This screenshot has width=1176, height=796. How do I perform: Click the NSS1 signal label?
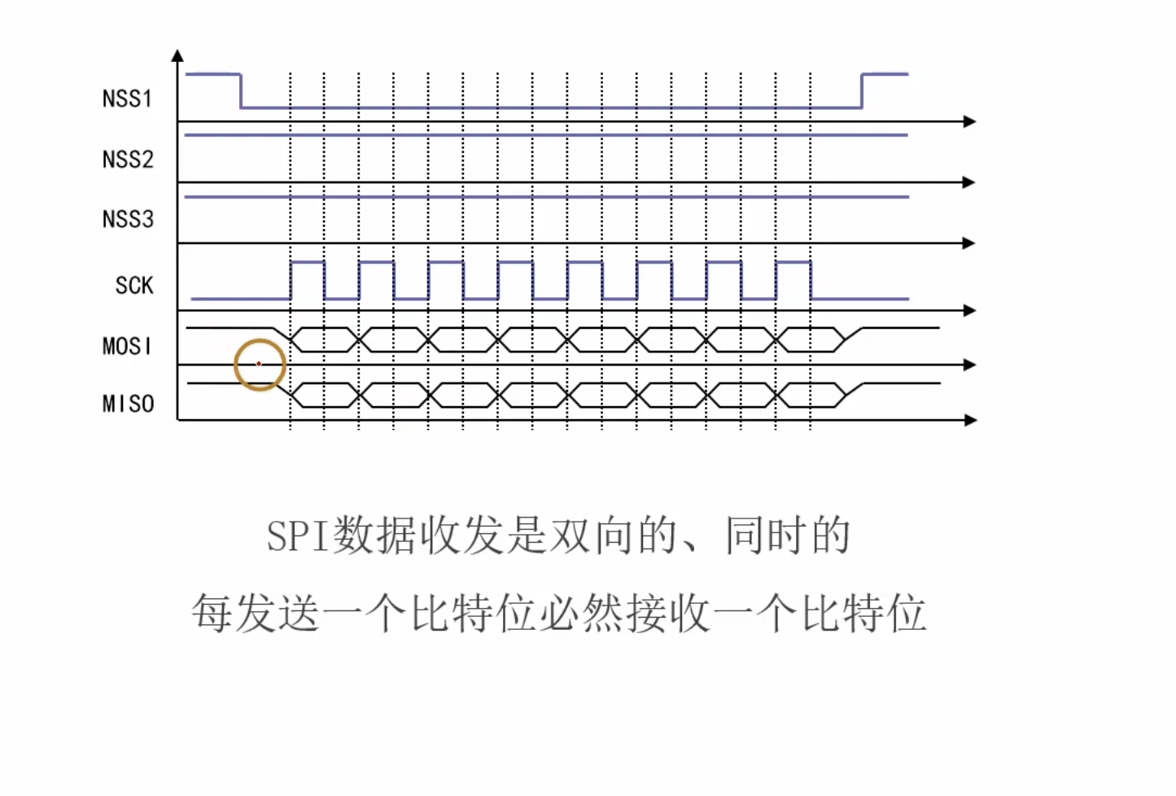click(127, 98)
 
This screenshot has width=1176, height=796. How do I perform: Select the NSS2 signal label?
click(128, 159)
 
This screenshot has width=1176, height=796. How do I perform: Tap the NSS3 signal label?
click(128, 219)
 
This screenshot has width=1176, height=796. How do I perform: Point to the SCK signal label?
click(134, 286)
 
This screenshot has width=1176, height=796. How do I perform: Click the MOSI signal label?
click(127, 346)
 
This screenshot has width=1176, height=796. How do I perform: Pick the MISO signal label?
click(128, 404)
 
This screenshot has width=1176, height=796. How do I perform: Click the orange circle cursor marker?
click(260, 365)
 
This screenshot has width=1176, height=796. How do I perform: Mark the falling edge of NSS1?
click(241, 90)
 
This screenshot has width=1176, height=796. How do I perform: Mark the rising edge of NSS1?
click(862, 90)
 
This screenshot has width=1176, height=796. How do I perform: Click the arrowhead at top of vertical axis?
click(177, 56)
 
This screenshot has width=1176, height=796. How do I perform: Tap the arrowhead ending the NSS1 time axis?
click(969, 121)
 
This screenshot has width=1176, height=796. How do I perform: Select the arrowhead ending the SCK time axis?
click(969, 310)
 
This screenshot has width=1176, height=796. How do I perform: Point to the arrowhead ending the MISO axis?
click(969, 420)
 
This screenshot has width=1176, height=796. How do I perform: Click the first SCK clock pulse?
click(308, 280)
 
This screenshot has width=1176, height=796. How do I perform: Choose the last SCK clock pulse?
click(793, 280)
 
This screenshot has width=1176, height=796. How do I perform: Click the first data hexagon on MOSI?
click(325, 339)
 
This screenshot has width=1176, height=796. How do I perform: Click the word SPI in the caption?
click(298, 536)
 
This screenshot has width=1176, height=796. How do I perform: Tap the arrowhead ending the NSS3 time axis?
click(968, 243)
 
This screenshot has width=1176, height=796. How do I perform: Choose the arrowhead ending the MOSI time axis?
click(969, 365)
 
